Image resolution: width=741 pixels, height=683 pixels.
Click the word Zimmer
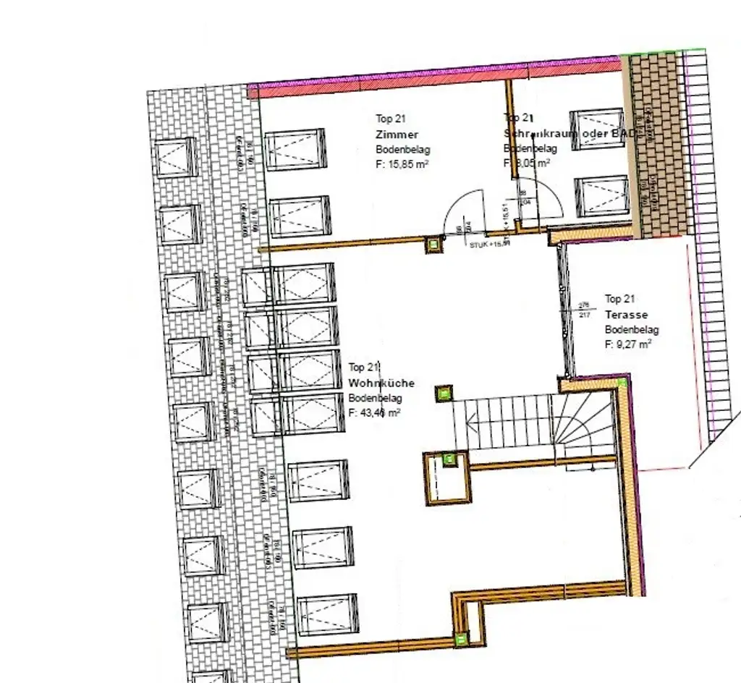397,135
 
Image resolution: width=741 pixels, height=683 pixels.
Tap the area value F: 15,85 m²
403,164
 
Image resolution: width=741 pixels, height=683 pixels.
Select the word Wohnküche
381,383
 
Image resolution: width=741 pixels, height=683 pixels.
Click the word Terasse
627,315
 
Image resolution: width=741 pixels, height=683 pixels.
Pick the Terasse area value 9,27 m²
628,344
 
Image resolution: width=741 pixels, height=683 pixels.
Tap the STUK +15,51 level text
490,244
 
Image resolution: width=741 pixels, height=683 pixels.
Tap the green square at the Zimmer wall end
433,245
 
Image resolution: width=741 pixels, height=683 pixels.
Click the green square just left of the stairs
443,394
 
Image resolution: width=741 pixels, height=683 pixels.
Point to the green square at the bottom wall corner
460,638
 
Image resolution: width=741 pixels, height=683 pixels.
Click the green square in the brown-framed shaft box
449,458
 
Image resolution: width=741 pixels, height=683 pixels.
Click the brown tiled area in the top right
657,145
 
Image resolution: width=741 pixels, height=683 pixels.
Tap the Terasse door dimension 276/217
585,309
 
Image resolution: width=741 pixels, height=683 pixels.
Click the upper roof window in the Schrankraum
597,130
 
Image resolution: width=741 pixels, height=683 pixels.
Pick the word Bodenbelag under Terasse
632,330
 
